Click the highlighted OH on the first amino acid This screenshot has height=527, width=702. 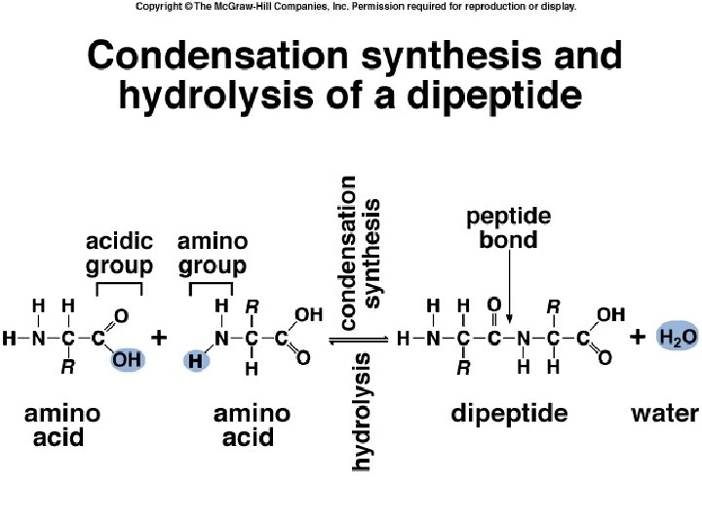click(x=127, y=359)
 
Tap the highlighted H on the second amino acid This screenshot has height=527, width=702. click(x=197, y=360)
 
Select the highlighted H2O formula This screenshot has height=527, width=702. click(x=677, y=338)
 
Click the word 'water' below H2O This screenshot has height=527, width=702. click(x=664, y=414)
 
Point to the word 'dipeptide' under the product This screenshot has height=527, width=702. click(x=509, y=414)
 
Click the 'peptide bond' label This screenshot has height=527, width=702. click(x=508, y=227)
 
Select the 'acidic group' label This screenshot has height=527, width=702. click(x=120, y=253)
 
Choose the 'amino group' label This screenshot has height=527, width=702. click(x=212, y=253)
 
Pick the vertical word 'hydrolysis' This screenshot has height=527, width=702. click(x=361, y=413)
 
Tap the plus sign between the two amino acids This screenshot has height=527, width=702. click(x=159, y=338)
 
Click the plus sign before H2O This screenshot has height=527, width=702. click(x=637, y=338)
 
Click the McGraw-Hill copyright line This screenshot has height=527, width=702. click(x=356, y=7)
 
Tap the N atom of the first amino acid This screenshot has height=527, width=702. click(x=38, y=339)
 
